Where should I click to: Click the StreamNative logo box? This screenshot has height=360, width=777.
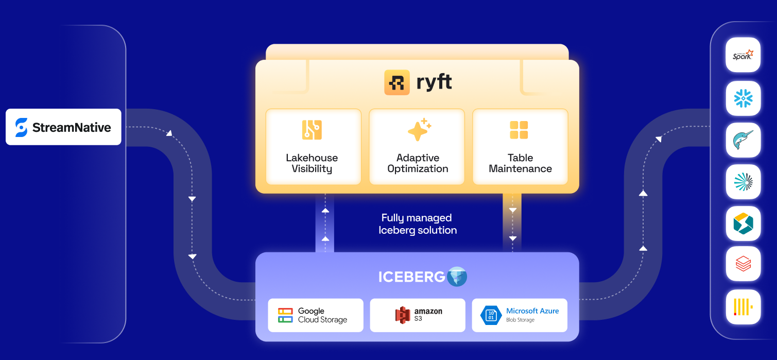coord(63,127)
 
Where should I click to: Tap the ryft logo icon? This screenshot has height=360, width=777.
coord(397,82)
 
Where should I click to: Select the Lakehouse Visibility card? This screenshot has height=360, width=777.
coord(313,146)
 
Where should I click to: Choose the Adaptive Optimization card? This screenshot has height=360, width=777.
coord(417,146)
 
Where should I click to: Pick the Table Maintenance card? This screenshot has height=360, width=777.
coord(520,146)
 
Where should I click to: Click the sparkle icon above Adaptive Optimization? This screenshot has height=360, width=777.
coord(419,130)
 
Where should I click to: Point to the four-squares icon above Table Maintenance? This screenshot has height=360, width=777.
coord(519,130)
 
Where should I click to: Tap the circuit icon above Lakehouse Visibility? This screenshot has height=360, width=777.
coord(312,130)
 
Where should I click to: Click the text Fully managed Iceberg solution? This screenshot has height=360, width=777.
coord(418,224)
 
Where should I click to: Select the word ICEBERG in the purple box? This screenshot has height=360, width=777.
coord(411,277)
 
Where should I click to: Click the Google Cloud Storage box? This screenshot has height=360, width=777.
coord(315,315)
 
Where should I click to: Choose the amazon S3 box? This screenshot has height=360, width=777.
coord(418,315)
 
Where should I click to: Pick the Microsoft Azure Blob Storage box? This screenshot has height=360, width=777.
coord(520,315)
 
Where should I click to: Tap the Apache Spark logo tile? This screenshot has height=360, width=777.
coord(743,55)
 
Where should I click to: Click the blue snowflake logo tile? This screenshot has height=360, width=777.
coord(743,98)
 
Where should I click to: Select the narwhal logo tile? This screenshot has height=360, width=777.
coord(743,140)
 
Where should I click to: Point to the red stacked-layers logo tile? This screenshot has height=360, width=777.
coord(743,264)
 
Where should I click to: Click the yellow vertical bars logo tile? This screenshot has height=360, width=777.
coord(743,307)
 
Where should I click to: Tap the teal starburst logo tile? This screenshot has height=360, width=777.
coord(743,182)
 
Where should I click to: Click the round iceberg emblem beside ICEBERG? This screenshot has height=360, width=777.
coord(457,277)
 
